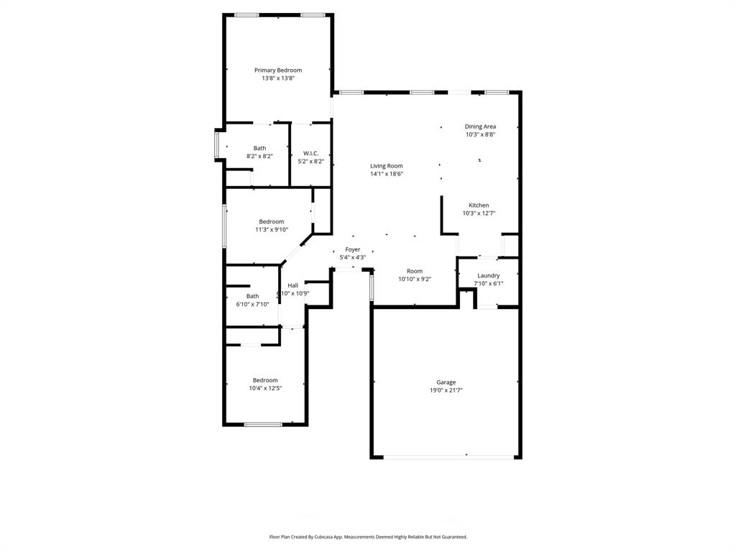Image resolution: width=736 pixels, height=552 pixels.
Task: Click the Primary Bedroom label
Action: tap(278, 70)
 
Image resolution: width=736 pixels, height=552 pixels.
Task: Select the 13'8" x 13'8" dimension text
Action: tap(278, 78)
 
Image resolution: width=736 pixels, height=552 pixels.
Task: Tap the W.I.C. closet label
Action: tap(310, 153)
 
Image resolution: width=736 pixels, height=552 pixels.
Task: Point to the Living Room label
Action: tap(387, 166)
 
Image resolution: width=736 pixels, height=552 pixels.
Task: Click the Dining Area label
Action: tap(480, 126)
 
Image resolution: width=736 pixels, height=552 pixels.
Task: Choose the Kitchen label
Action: tap(479, 206)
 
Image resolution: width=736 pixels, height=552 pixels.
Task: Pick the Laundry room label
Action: tap(489, 275)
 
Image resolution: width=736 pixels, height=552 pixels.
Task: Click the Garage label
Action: tap(446, 382)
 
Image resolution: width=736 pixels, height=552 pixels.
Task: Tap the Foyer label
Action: tap(352, 249)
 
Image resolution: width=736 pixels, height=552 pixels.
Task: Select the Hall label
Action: tap(293, 285)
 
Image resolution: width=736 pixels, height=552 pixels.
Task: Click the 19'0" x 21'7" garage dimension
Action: tap(446, 390)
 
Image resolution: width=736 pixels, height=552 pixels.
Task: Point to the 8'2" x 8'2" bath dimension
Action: tap(259, 156)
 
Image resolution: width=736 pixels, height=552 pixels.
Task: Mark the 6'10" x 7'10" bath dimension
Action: tap(252, 304)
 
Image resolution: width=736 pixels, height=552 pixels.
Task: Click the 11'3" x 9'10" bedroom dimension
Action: tap(272, 230)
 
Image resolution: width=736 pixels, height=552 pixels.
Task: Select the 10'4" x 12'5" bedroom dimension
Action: tap(264, 388)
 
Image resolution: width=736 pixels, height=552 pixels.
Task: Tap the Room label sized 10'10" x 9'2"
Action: tap(415, 271)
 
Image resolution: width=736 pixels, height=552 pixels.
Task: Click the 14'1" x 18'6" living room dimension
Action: tap(387, 174)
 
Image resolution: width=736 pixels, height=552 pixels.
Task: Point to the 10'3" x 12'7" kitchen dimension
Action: tap(479, 213)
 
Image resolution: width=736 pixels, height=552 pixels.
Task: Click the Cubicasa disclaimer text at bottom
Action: tap(368, 537)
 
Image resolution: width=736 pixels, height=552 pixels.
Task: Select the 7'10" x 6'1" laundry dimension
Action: tap(489, 283)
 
